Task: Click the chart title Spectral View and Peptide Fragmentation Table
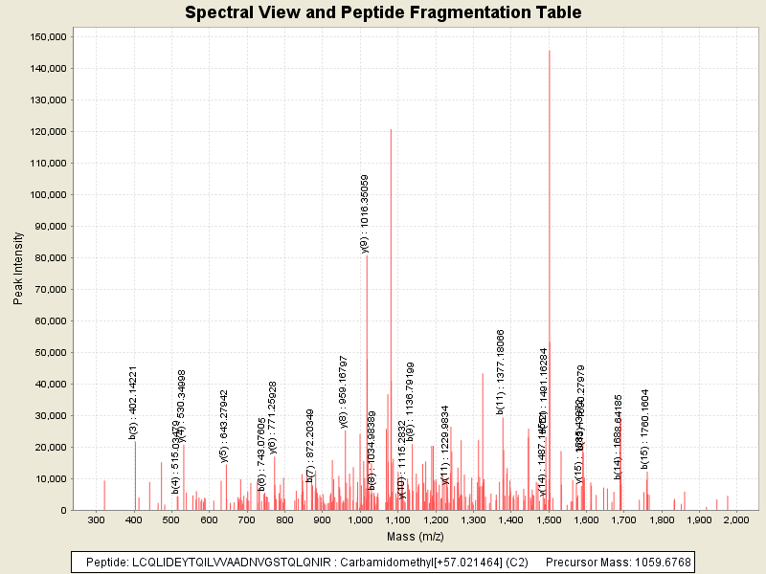pos(383,12)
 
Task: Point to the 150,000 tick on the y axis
pos(48,36)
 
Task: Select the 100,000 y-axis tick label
pos(48,194)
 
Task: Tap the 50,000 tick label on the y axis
pos(51,352)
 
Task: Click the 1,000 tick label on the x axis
pos(360,519)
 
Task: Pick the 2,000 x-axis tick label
pos(736,519)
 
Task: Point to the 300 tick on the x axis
pos(97,519)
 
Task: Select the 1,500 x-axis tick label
pos(548,519)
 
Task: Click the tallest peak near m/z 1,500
pos(550,52)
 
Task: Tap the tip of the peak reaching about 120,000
pos(391,130)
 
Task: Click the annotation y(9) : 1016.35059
pos(365,212)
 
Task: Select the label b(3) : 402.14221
pos(134,402)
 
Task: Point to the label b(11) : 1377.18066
pos(501,371)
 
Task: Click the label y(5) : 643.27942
pos(225,426)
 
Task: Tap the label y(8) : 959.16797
pos(344,390)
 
